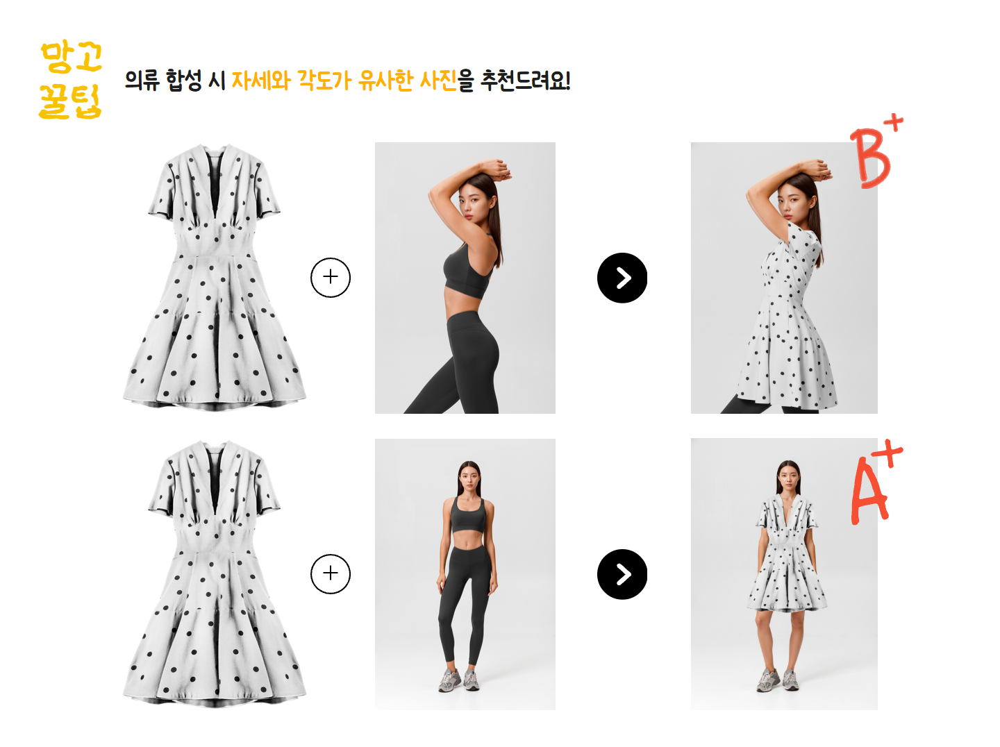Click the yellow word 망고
point(72,58)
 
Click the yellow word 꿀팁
point(70,101)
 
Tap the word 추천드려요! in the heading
point(525,81)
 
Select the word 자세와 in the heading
point(261,81)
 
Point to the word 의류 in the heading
point(142,81)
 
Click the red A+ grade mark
point(876,482)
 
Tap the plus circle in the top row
point(331,278)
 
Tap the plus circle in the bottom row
point(331,573)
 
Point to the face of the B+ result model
point(790,204)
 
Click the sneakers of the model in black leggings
point(459,680)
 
